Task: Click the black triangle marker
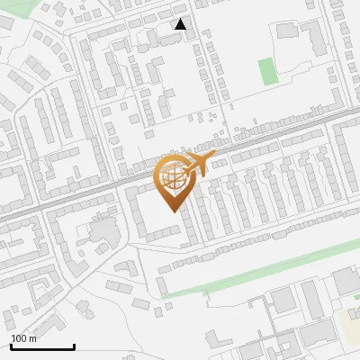pos(181,24)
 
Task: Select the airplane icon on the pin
pos(195,165)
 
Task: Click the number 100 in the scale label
pos(19,338)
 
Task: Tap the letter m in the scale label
pos(32,339)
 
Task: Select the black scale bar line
pos(41,346)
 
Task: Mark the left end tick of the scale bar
pos(10,345)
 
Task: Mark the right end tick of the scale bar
pos(73,345)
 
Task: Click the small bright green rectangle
pos(266,72)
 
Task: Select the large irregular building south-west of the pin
pos(105,231)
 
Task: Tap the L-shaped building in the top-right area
pos(315,36)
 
